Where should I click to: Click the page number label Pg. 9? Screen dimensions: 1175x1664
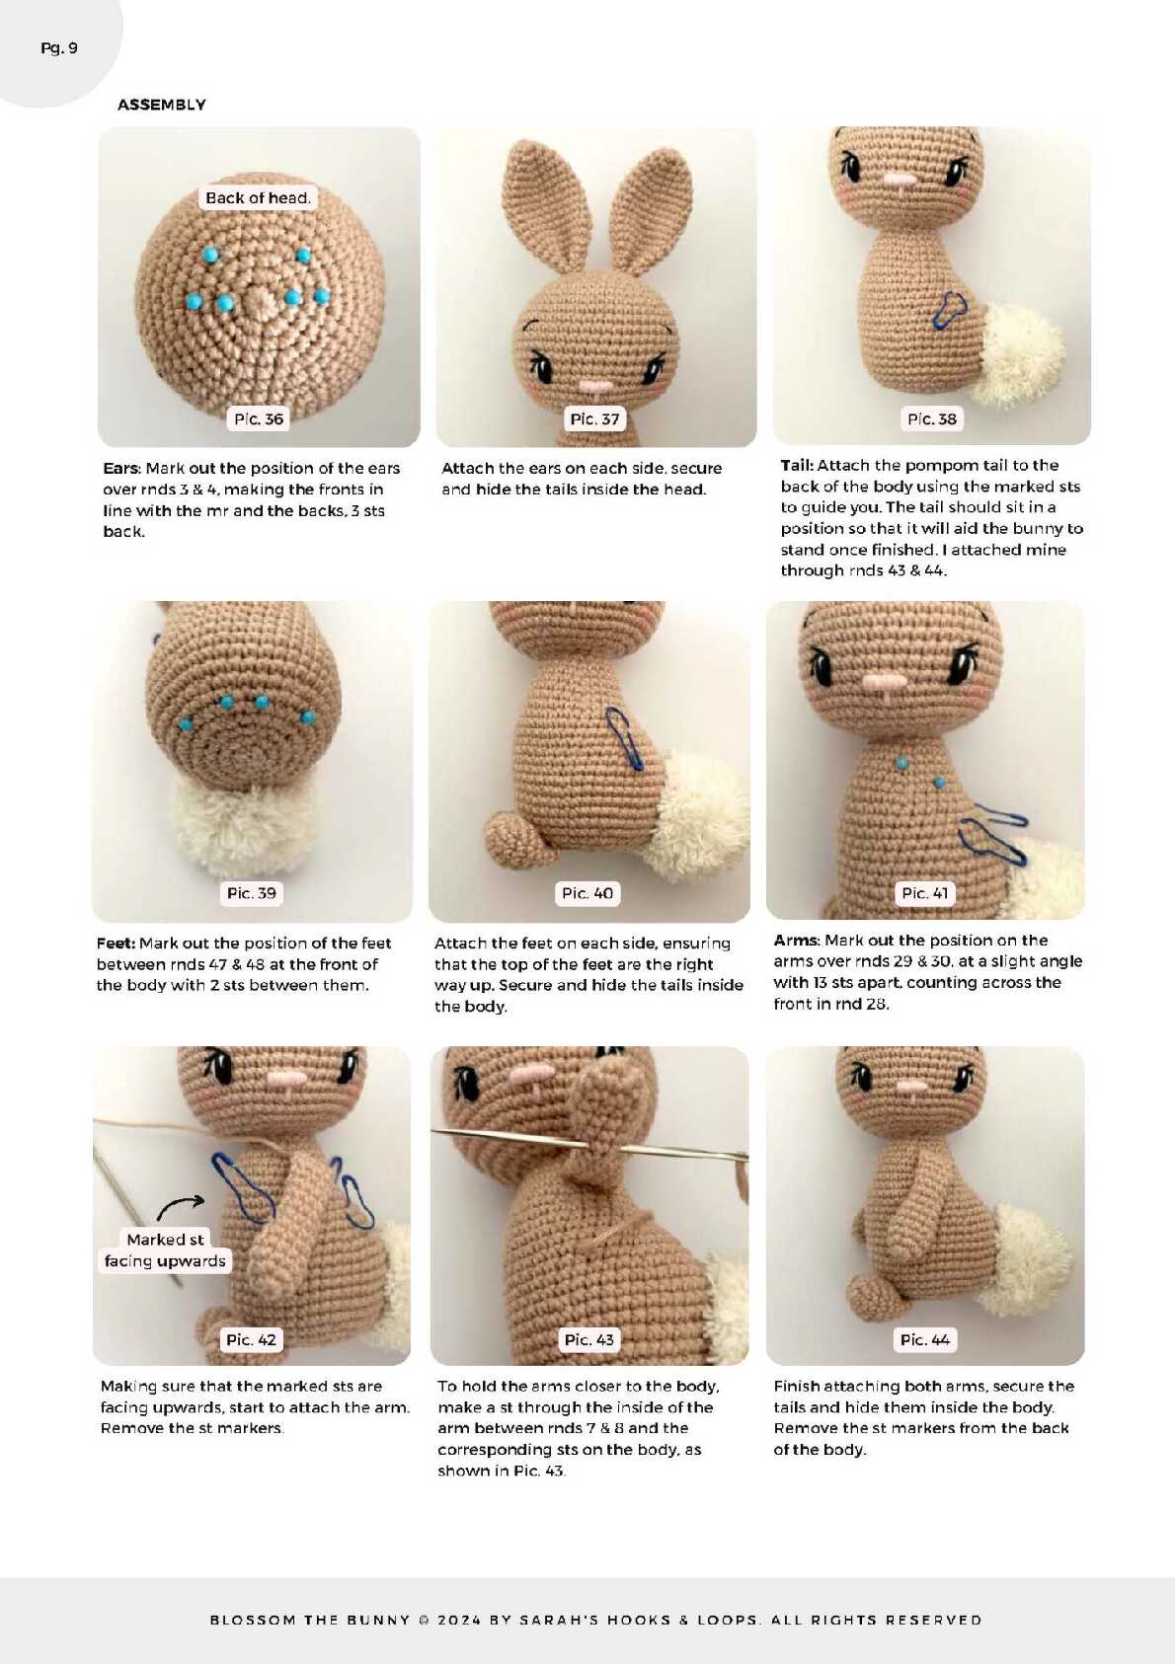point(58,48)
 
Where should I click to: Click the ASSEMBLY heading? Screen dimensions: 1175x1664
point(161,105)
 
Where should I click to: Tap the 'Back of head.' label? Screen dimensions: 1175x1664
point(258,197)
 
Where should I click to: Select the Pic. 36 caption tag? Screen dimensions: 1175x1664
point(258,419)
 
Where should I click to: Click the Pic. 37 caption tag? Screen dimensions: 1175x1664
point(593,419)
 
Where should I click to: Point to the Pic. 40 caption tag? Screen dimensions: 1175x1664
point(587,893)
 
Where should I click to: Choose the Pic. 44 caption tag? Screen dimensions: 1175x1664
point(924,1339)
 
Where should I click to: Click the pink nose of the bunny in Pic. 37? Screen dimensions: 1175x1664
point(596,386)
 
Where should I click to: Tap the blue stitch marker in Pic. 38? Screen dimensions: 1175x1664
point(949,310)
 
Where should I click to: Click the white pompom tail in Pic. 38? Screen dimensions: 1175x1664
point(1022,354)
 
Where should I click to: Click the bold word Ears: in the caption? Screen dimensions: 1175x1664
point(121,468)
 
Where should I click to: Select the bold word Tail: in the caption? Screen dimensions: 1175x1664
point(797,465)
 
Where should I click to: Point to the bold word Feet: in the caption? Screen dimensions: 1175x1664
point(116,943)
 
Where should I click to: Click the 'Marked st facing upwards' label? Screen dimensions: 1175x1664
point(165,1249)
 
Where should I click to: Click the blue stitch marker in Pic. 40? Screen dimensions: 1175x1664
point(626,738)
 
